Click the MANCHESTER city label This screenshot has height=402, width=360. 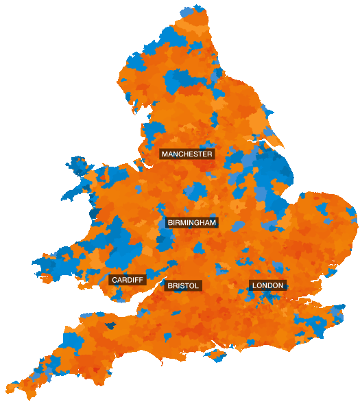pyautogui.click(x=187, y=154)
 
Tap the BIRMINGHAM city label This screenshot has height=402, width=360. pyautogui.click(x=191, y=223)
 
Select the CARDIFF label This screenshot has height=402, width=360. pyautogui.click(x=128, y=280)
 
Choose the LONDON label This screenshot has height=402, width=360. pyautogui.click(x=267, y=285)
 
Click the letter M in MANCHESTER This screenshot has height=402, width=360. pyautogui.click(x=165, y=154)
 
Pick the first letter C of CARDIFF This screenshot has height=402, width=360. pyautogui.click(x=115, y=280)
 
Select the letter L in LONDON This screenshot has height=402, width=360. pyautogui.click(x=254, y=285)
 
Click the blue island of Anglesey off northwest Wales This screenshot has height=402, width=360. pyautogui.click(x=77, y=169)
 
